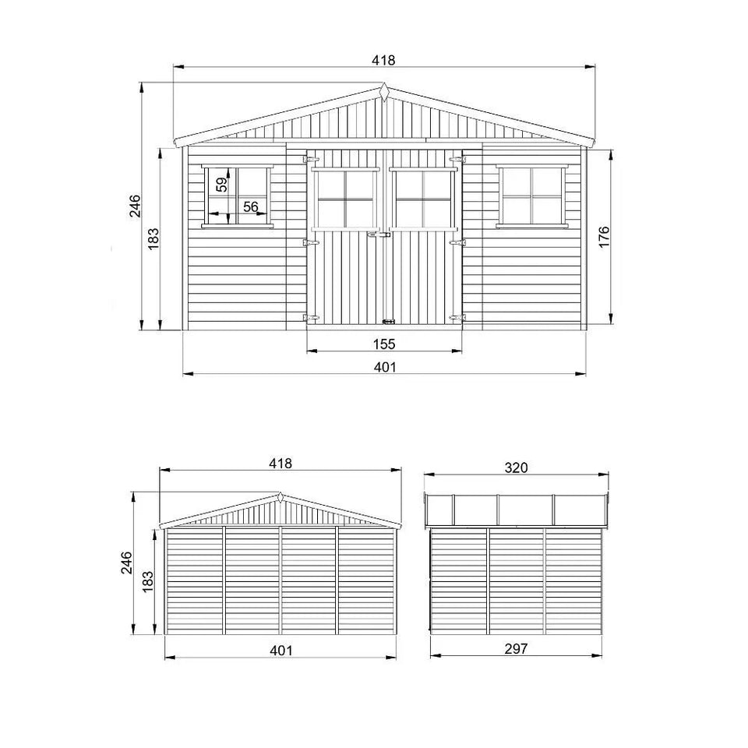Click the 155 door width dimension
[384, 343]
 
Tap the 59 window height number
[222, 185]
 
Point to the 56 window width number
[251, 206]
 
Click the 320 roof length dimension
[517, 467]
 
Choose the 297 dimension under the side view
[516, 648]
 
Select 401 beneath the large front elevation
[384, 367]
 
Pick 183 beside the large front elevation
[153, 238]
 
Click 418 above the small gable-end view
[280, 463]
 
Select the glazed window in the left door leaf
[346, 199]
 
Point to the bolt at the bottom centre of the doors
[387, 321]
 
